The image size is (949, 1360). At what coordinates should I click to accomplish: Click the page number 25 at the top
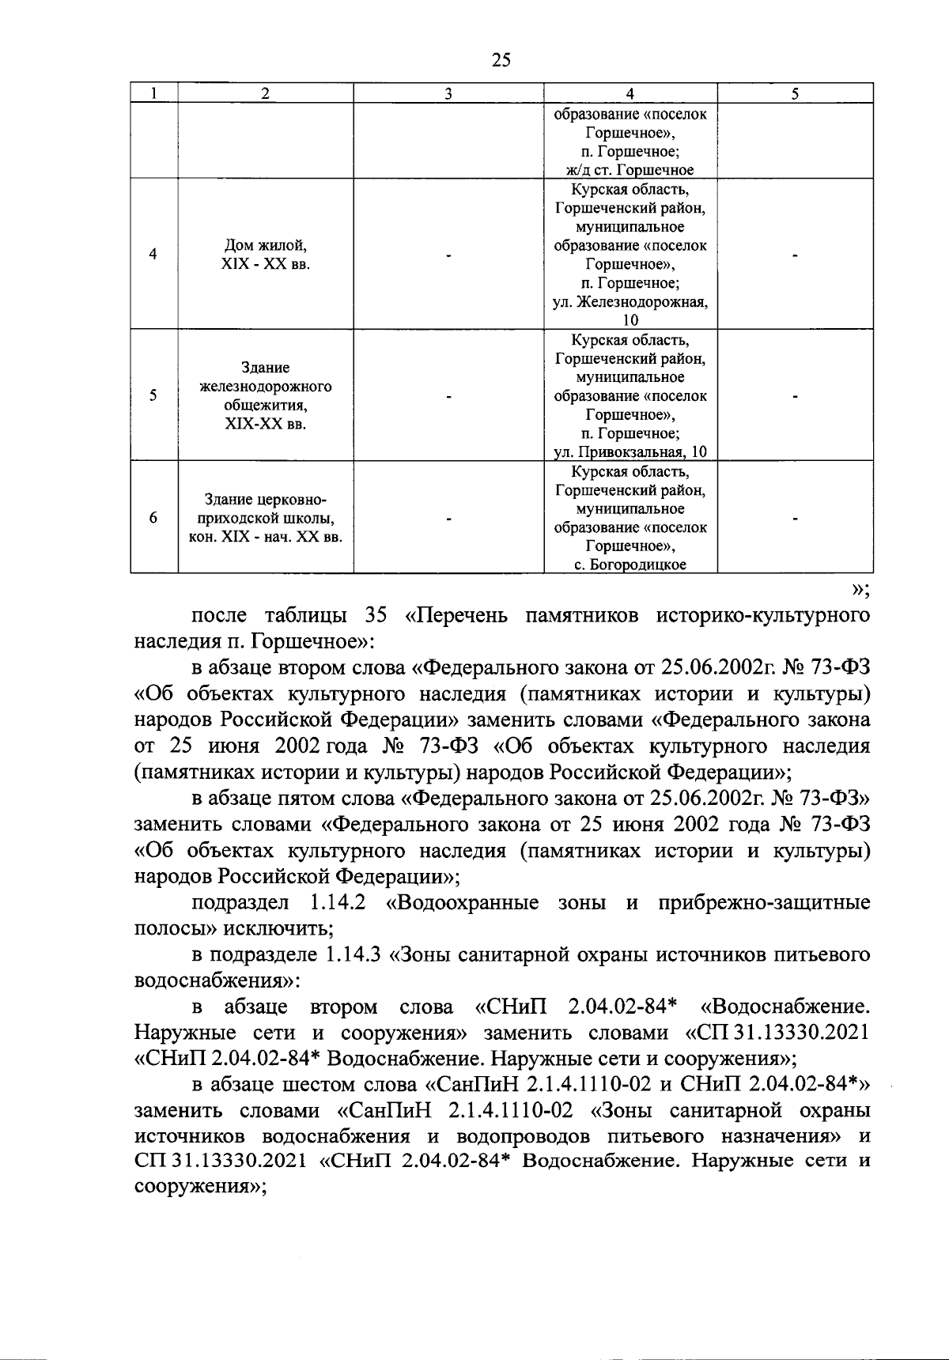501,60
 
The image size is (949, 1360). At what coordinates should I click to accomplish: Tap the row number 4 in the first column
153,254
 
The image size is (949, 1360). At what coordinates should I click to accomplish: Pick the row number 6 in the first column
153,518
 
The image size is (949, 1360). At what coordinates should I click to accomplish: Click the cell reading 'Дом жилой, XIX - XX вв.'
266,254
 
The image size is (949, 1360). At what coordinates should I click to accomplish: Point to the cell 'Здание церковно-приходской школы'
266,519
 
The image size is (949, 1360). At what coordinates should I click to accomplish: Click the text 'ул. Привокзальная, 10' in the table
630,452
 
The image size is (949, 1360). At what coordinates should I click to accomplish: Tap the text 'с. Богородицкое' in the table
630,565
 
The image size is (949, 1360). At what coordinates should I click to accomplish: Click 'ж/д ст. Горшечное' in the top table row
630,169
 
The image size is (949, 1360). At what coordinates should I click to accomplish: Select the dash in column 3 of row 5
448,397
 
